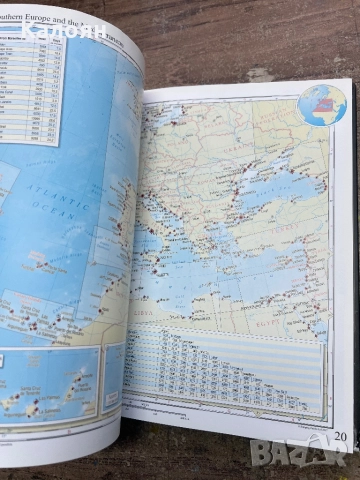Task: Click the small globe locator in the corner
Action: [321, 105]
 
